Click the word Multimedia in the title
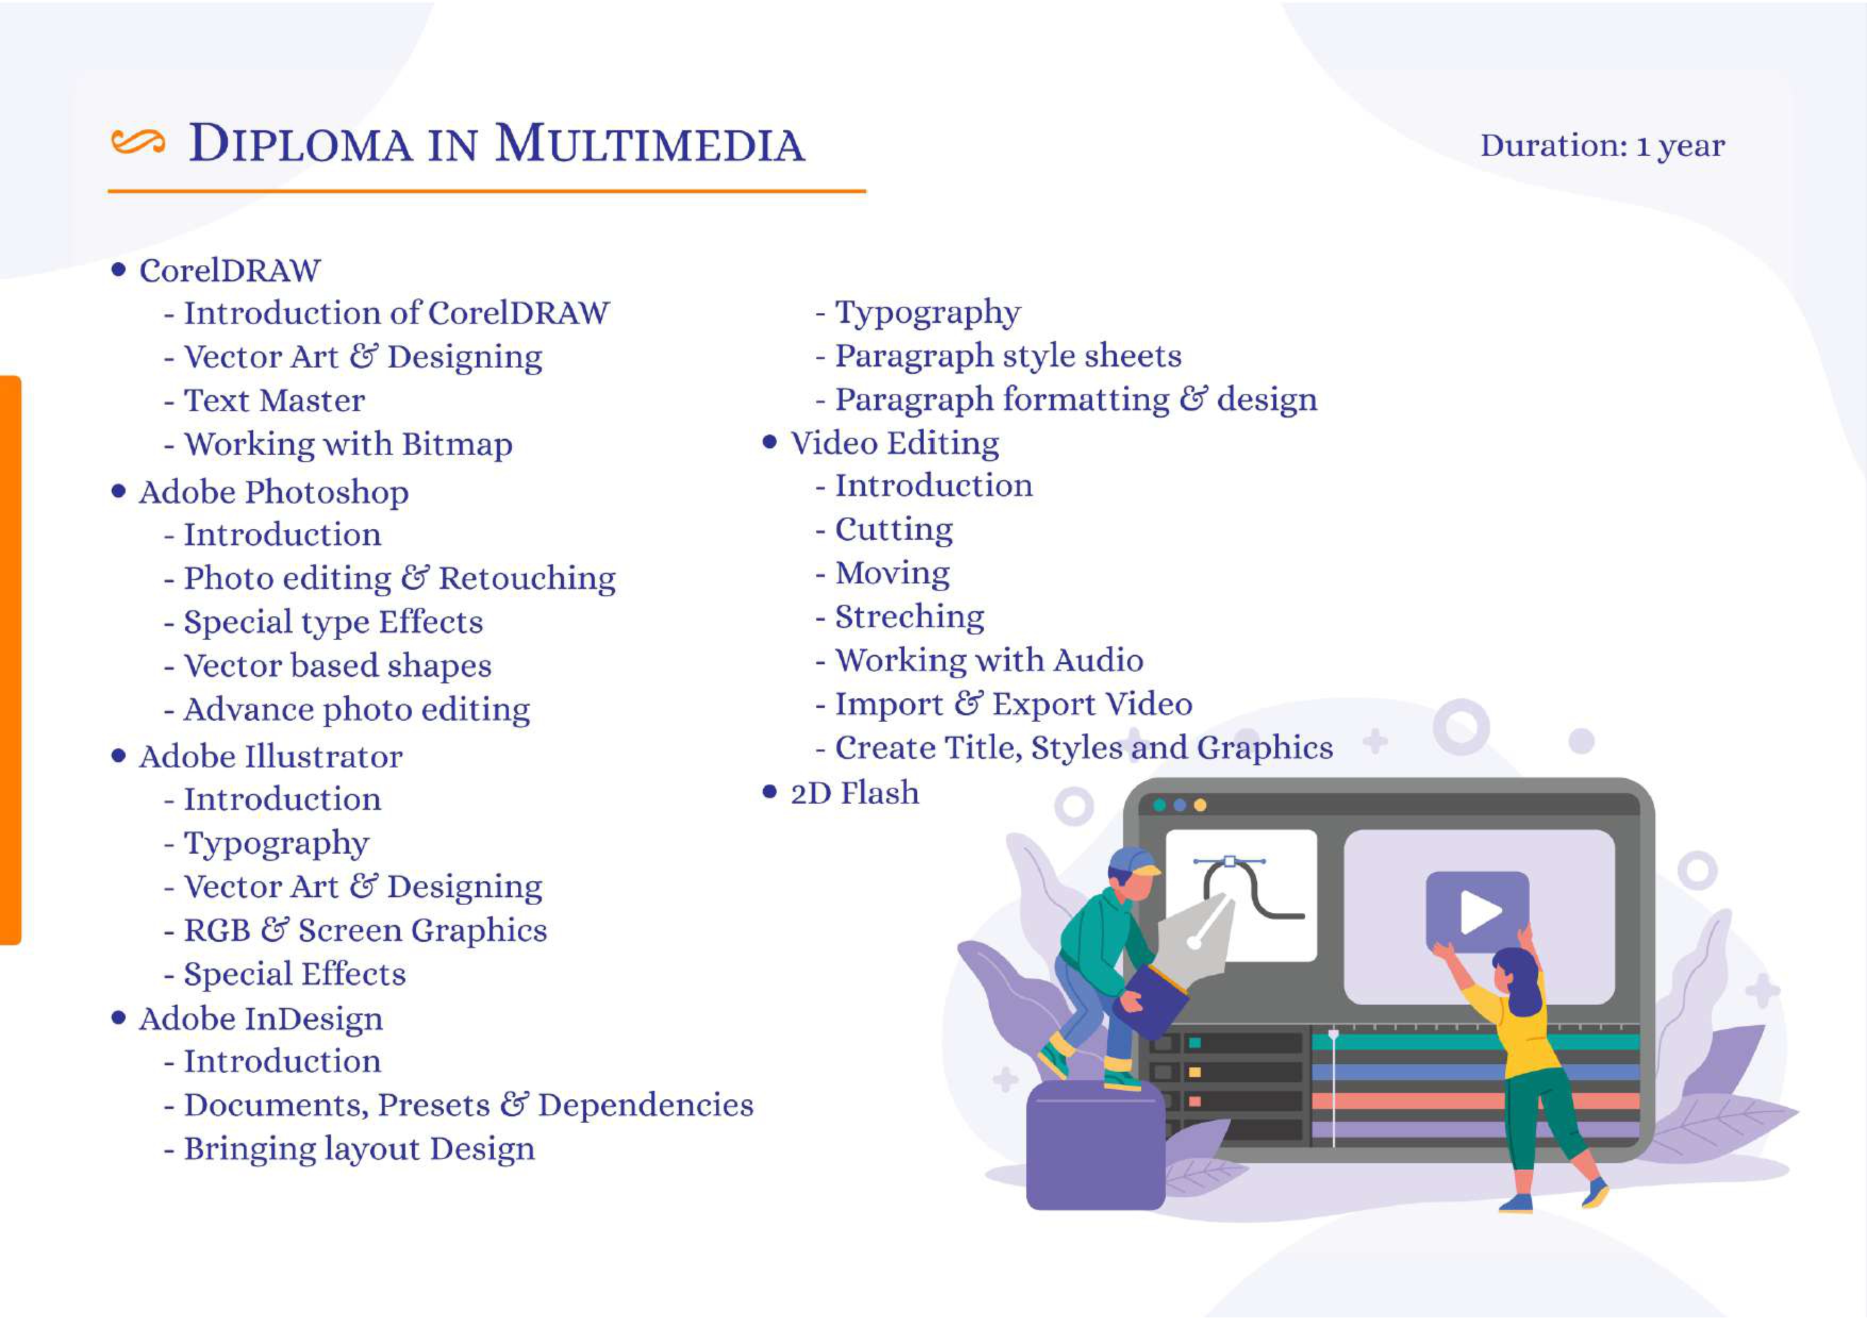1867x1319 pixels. click(650, 144)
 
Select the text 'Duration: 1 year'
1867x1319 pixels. click(1602, 146)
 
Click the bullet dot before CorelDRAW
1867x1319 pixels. click(119, 269)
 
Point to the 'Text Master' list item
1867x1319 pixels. click(274, 400)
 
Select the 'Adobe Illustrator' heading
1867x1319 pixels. click(271, 757)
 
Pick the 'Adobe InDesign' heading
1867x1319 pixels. click(260, 1019)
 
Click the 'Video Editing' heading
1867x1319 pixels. click(894, 444)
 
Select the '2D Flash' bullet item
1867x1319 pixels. click(854, 792)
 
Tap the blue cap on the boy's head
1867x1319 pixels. click(1133, 862)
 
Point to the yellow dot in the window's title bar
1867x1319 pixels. click(1199, 805)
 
